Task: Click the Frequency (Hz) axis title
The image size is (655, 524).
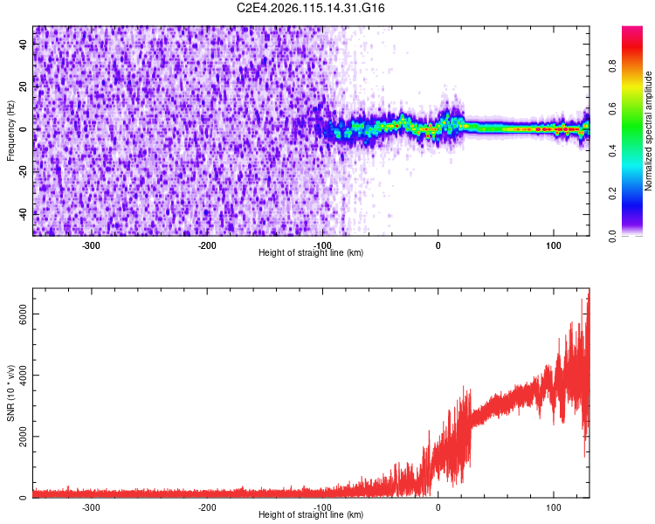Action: point(10,130)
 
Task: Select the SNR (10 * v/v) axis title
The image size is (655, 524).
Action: point(10,392)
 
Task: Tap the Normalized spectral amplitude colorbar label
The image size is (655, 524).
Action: point(649,130)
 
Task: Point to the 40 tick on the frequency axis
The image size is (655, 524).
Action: point(23,45)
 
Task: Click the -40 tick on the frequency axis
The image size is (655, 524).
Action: point(21,213)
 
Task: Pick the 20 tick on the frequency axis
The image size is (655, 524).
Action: point(23,87)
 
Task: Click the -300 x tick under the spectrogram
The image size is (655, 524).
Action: point(92,245)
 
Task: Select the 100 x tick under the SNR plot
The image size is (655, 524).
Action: point(553,507)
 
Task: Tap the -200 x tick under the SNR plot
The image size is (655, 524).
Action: point(207,507)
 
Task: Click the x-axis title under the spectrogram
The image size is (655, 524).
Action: point(312,253)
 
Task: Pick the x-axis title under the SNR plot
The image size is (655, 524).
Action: point(312,515)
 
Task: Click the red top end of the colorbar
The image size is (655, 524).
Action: point(632,31)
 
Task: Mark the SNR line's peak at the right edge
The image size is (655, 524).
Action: point(589,292)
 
